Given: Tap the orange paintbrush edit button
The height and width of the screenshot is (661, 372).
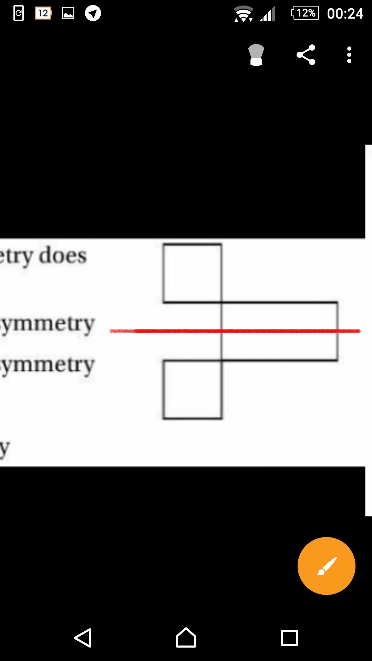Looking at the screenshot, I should pos(326,566).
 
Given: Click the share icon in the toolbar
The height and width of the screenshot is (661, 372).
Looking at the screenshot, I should pos(306,55).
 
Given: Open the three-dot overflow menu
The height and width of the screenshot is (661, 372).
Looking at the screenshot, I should pos(349,55).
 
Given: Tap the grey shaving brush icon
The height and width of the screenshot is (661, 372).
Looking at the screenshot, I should pos(256,55).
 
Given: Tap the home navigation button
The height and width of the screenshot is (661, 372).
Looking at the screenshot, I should pos(186,638).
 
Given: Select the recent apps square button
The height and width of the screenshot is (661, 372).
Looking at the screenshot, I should pos(289,638).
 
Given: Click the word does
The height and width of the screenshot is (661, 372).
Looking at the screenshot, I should pos(63,256).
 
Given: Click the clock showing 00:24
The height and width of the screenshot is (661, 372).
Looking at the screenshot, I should pos(345,14).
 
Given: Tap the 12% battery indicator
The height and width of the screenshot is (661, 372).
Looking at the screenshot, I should pos(305,13).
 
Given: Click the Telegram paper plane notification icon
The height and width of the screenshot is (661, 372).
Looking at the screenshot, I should pos(93,13).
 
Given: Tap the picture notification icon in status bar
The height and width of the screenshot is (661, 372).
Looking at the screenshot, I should pos(68,13).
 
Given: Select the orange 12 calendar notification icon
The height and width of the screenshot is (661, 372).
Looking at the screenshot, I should pos(43,13).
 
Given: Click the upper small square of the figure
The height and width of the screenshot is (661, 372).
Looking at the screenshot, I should pos(192,273).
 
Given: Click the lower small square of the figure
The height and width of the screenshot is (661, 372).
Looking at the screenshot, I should pos(192,389).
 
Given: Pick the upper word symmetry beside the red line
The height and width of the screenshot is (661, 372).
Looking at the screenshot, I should pos(47,324).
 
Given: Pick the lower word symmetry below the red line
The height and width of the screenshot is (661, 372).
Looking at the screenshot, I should pos(47,365).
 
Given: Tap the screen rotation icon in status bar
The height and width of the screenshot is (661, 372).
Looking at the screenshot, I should pos(19,13).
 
